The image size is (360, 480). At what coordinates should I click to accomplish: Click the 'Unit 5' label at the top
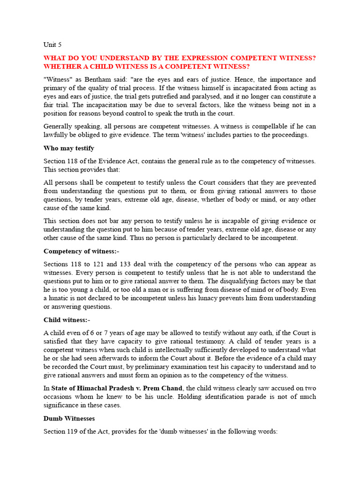(x=52, y=45)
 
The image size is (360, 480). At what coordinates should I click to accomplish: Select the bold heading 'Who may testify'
(x=69, y=148)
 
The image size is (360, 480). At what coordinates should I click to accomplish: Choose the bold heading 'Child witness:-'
(x=67, y=320)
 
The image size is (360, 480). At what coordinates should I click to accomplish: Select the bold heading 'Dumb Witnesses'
(x=69, y=418)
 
